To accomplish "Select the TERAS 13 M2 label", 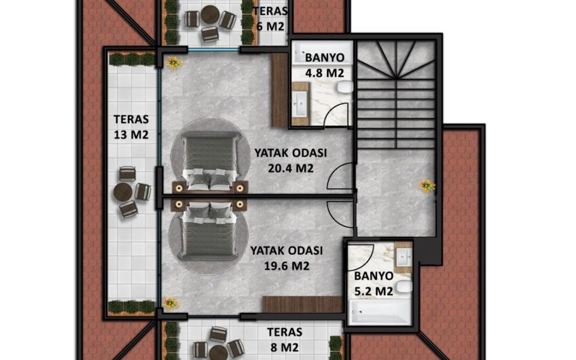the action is coord(131,127).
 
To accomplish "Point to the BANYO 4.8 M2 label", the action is coord(325,65).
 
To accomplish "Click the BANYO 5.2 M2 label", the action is coord(374,284).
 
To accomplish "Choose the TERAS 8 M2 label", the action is coord(285,340).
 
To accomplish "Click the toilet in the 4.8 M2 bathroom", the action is coord(345,87).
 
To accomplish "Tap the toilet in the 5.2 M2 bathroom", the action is coord(404,286).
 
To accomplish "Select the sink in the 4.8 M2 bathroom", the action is coord(300,104).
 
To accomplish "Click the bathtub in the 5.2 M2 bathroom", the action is coord(380,312).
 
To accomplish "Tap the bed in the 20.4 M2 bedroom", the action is coord(210,162).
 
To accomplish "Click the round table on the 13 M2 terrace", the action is coord(123,192).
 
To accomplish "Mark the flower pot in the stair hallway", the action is coord(427,185).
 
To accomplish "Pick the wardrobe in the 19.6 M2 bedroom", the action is coord(303,304).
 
